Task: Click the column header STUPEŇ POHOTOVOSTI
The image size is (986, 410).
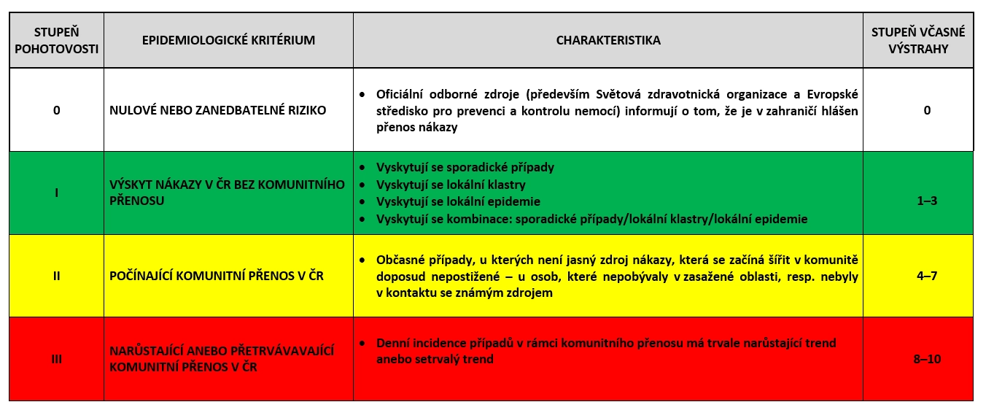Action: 56,41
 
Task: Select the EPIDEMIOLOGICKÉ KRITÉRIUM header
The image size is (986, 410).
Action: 228,41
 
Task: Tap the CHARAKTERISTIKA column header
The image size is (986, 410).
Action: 607,41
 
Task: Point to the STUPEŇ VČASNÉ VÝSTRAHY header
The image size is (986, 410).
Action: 917,41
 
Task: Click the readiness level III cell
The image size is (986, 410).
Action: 56,358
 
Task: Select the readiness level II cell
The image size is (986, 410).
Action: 56,276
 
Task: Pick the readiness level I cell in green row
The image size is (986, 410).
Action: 56,193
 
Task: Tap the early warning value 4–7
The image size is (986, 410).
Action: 917,276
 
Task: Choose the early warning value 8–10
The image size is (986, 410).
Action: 917,358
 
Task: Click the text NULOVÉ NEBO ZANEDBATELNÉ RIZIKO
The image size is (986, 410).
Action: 217,111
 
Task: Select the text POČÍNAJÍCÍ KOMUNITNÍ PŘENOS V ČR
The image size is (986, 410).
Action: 216,276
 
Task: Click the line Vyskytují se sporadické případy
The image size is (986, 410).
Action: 465,167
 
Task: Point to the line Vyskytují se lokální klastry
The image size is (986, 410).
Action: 450,185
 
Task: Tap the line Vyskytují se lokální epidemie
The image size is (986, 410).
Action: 457,201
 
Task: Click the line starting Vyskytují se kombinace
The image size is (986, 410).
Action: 591,219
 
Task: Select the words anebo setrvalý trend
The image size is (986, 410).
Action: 435,359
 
